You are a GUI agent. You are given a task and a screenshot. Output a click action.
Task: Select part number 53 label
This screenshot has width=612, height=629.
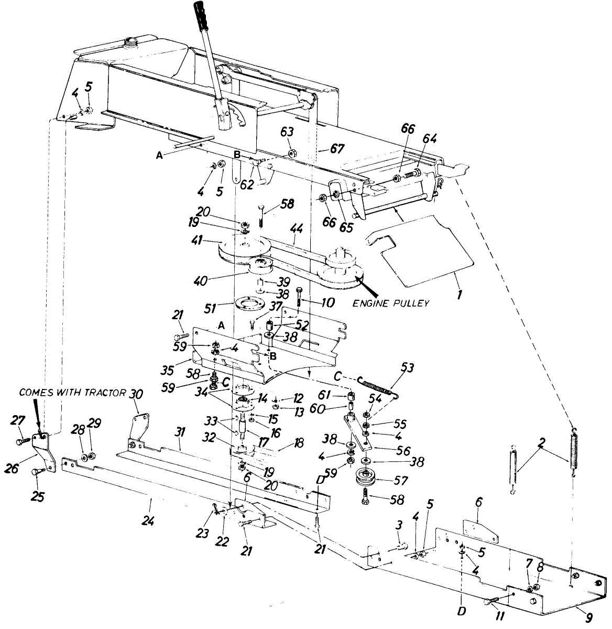click(407, 368)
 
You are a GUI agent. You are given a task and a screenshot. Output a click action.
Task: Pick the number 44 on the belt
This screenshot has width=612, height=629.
click(297, 229)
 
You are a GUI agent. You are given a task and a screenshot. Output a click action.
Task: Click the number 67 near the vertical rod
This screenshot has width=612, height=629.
click(337, 149)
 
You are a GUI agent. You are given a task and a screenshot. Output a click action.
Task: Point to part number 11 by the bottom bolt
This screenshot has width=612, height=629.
click(500, 617)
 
